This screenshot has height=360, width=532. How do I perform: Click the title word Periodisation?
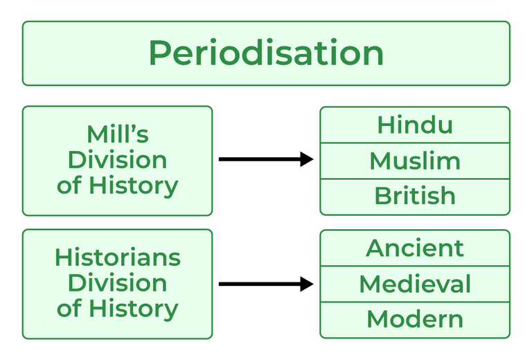[x=266, y=53]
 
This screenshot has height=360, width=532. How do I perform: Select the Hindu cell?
[x=414, y=125]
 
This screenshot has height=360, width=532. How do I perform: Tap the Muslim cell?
[x=414, y=161]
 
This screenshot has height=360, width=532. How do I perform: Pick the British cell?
[x=414, y=197]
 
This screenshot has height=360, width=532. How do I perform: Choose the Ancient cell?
[x=414, y=248]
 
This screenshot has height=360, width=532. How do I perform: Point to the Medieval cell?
[x=414, y=284]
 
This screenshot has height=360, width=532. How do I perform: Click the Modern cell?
[x=414, y=319]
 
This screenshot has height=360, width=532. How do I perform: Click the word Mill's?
[x=117, y=134]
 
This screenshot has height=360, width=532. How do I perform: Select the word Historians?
[x=117, y=258]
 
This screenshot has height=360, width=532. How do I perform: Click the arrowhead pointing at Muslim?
[x=307, y=160]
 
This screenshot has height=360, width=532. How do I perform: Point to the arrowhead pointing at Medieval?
[x=307, y=284]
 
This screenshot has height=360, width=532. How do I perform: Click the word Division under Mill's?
[x=117, y=160]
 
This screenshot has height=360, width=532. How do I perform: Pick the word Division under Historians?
[x=117, y=283]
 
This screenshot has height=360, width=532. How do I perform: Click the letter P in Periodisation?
[x=159, y=53]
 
